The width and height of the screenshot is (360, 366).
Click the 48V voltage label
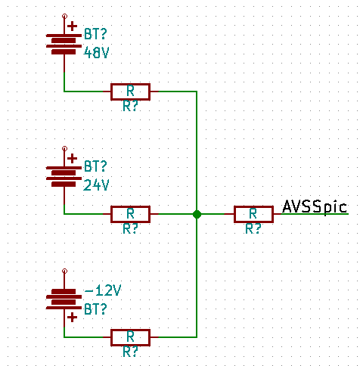[x=96, y=53]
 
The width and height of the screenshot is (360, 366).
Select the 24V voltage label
[x=96, y=185]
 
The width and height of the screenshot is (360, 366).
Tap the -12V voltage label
[x=103, y=290]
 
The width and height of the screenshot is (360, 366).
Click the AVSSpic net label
[x=315, y=207]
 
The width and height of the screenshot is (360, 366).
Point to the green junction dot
[x=197, y=214]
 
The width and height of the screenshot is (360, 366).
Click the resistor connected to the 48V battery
[x=131, y=91]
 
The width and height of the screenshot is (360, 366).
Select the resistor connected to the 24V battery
[x=131, y=214]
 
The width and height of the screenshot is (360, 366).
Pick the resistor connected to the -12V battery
[x=131, y=337]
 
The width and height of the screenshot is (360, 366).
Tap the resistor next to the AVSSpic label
[x=253, y=214]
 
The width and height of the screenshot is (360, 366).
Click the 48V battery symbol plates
[x=64, y=44]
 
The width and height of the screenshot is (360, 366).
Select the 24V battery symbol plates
[x=64, y=176]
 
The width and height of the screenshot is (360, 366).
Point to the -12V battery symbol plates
[x=64, y=299]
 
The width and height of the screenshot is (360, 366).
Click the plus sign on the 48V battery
[x=73, y=26]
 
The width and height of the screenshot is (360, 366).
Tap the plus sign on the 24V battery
[x=73, y=159]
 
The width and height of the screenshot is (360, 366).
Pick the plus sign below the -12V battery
[x=73, y=318]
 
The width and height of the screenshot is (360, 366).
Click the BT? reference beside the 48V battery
[x=95, y=34]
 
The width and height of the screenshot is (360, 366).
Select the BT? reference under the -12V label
[x=95, y=309]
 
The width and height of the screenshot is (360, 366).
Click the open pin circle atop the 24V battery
[x=64, y=148]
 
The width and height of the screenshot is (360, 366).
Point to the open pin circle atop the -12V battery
[x=64, y=271]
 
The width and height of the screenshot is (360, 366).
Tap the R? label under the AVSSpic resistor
[x=253, y=229]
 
